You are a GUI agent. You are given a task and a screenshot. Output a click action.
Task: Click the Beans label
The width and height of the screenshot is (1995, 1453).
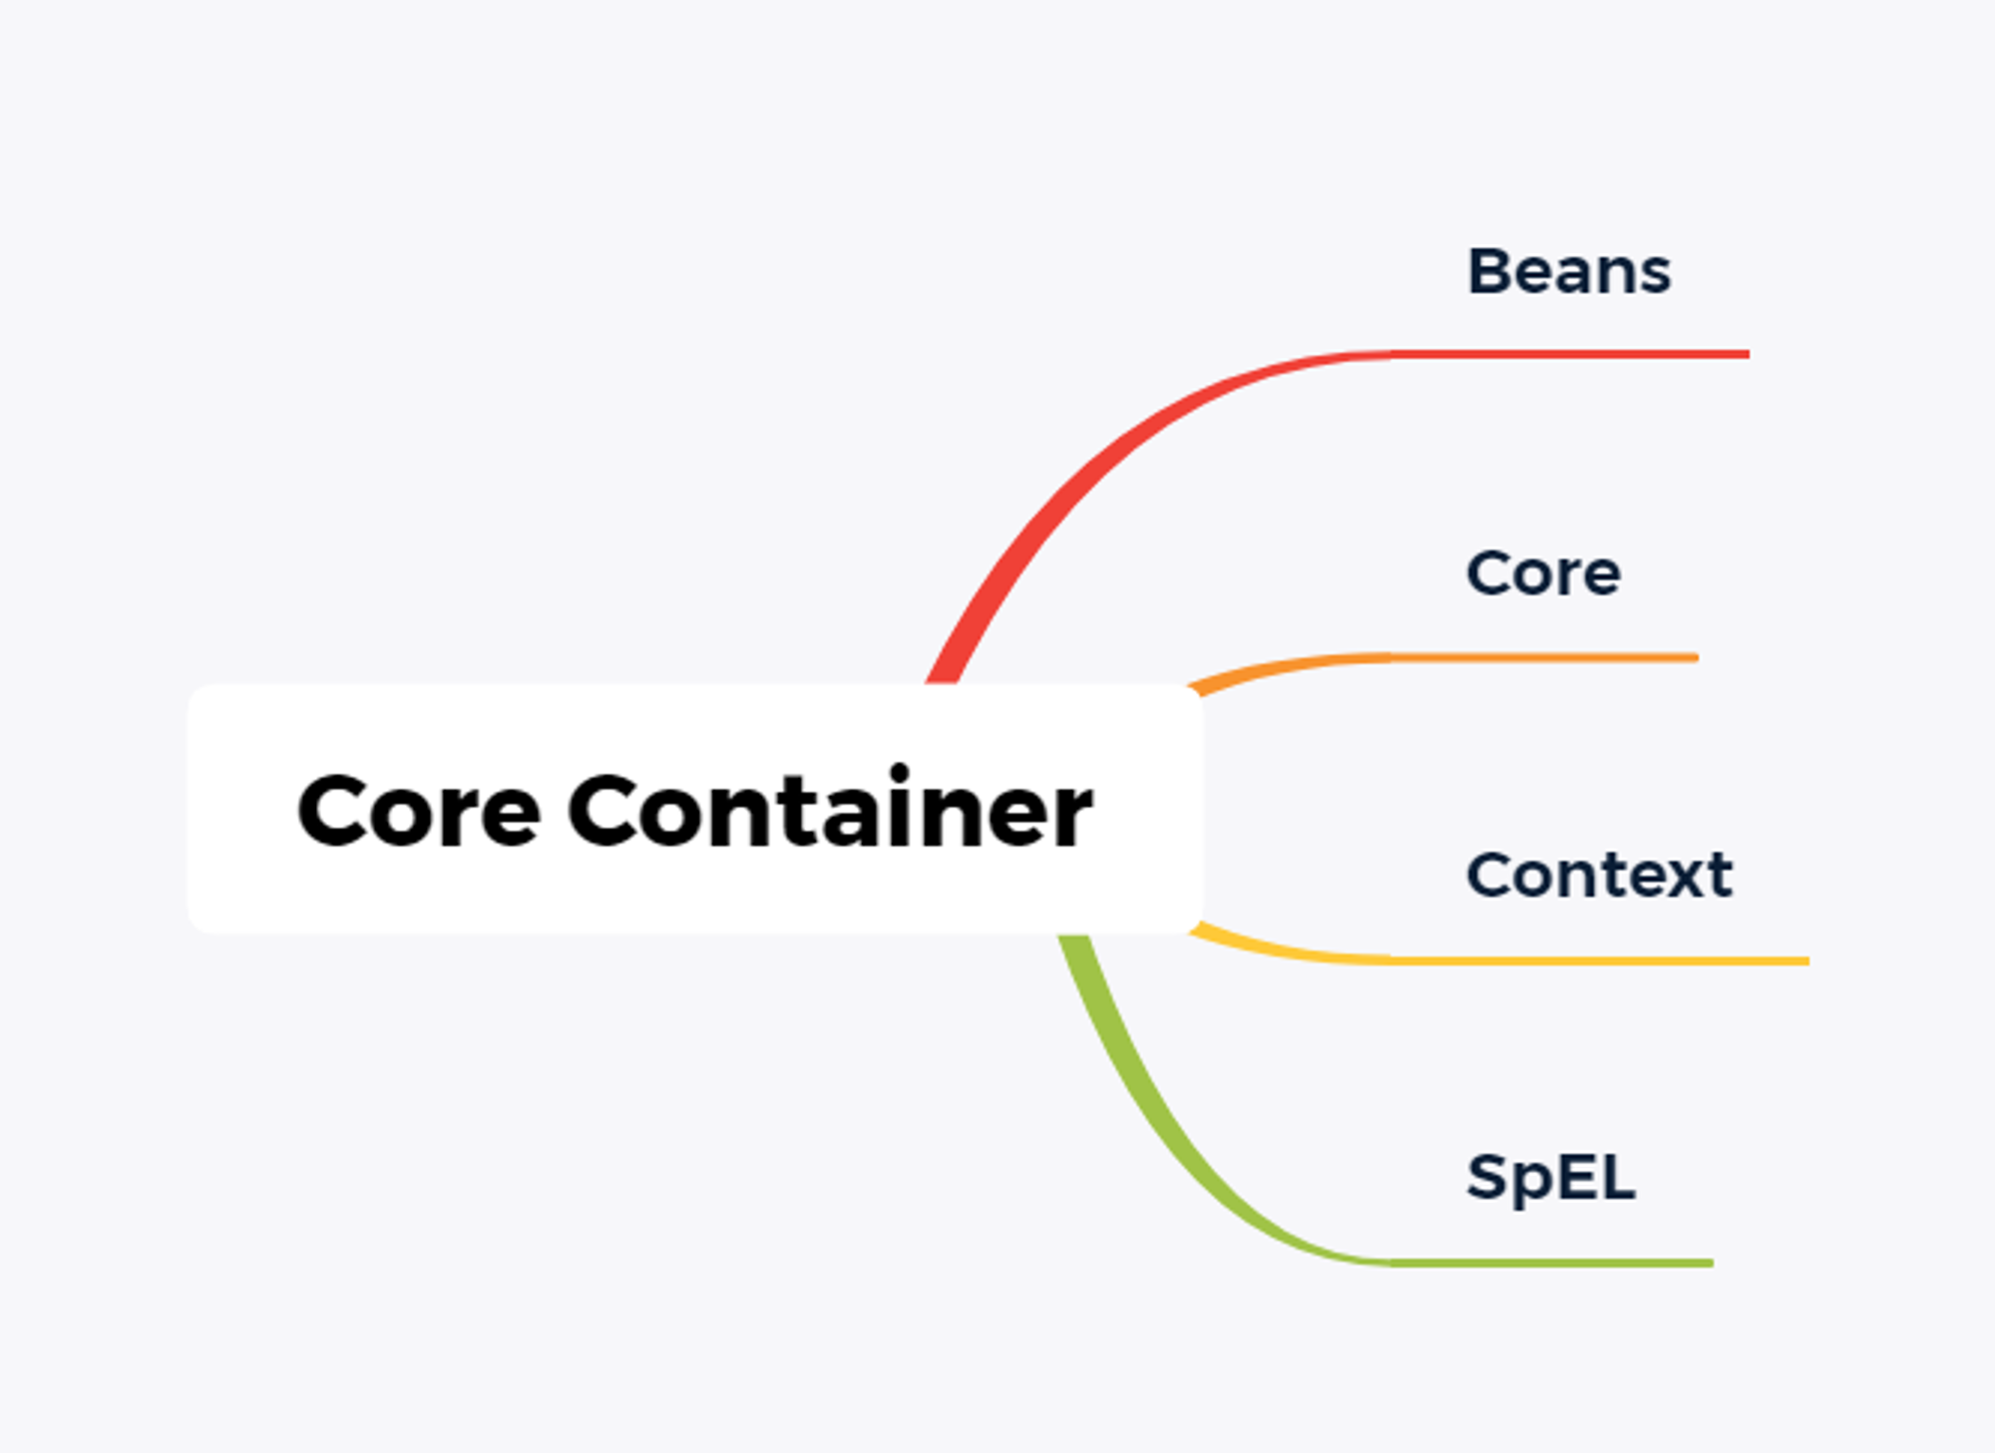click(x=1569, y=271)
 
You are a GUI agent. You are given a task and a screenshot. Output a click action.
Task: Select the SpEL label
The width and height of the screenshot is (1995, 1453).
click(x=1551, y=1178)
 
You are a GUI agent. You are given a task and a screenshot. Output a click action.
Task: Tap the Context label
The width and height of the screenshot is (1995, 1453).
click(x=1600, y=875)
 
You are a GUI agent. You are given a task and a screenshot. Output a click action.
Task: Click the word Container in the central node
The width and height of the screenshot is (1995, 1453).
click(x=830, y=808)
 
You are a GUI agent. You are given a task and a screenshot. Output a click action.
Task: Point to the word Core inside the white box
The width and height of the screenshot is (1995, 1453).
click(x=419, y=812)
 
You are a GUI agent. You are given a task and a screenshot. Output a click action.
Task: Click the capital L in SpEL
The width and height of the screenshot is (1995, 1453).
click(x=1618, y=1177)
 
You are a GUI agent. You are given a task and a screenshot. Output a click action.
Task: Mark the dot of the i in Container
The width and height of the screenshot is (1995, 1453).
click(x=900, y=773)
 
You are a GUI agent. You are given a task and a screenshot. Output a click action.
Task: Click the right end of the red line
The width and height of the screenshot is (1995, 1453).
click(x=1748, y=354)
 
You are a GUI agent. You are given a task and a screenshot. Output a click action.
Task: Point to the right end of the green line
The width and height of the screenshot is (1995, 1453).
click(x=1712, y=1264)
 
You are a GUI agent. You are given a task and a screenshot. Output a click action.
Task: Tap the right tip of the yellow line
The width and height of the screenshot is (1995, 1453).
click(x=1807, y=961)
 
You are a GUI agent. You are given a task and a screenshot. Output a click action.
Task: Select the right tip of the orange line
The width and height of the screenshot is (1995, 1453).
click(x=1697, y=657)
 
